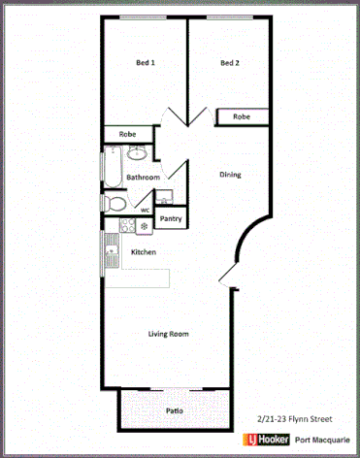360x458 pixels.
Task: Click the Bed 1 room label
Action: tap(145, 64)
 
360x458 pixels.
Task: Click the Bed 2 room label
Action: tap(229, 64)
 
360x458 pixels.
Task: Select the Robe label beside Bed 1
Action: tap(127, 134)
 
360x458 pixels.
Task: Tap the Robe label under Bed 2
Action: tap(241, 116)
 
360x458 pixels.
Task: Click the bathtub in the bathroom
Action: tap(115, 168)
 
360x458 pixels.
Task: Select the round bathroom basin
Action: tap(137, 152)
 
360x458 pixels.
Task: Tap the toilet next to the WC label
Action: tap(115, 204)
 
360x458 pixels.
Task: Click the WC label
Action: tap(145, 209)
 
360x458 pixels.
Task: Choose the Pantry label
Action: tap(171, 219)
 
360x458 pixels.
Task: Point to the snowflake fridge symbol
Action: tap(145, 226)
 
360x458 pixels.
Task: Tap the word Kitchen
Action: tap(144, 252)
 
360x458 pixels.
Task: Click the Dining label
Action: tap(230, 175)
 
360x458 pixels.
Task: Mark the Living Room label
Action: tap(168, 334)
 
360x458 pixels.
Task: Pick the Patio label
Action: tap(174, 410)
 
